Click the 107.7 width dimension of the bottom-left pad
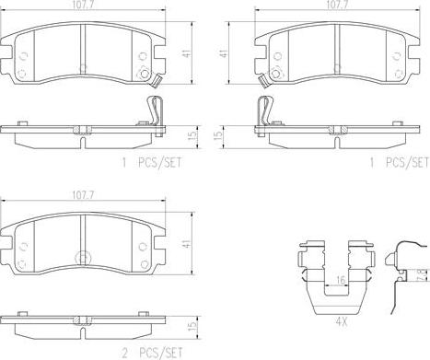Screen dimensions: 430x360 [83, 195]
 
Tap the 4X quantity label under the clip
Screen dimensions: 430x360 [341, 322]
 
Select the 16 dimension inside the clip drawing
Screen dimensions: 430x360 [341, 280]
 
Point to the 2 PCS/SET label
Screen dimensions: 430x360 [152, 353]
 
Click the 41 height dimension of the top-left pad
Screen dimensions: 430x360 [187, 53]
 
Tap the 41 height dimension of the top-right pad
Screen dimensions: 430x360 [225, 52]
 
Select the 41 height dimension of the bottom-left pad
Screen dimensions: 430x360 [187, 244]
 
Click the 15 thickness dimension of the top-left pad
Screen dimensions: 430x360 [192, 136]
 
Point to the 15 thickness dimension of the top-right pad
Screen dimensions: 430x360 [217, 135]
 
